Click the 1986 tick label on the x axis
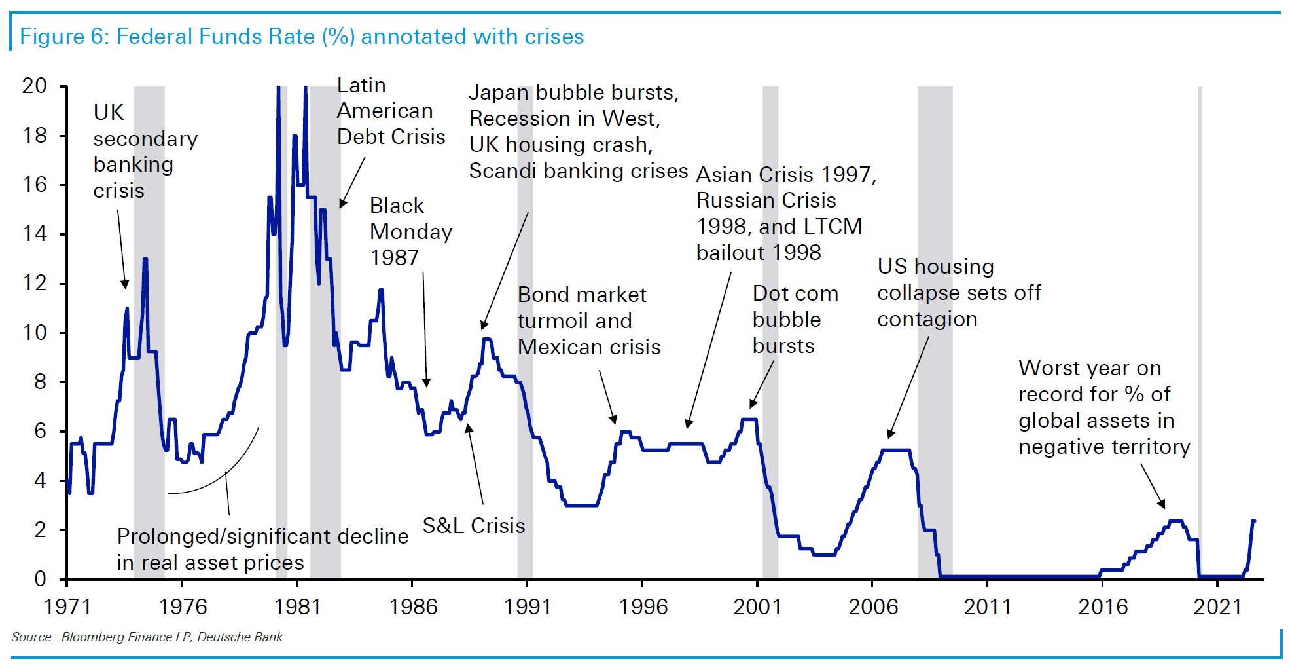click(x=413, y=607)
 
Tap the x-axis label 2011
click(x=988, y=607)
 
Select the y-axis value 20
click(x=35, y=86)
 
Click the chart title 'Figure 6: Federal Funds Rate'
click(x=302, y=37)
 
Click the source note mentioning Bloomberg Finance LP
click(x=147, y=637)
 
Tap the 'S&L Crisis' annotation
click(x=474, y=526)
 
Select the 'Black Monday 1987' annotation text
click(x=410, y=232)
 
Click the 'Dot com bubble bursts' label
click(x=795, y=320)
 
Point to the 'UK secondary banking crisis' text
click(x=145, y=151)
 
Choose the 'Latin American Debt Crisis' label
click(x=391, y=111)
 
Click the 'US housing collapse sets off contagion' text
click(x=958, y=293)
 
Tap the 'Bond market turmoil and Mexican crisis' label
click(x=588, y=321)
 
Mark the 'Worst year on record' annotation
click(x=1103, y=407)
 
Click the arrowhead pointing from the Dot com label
click(x=753, y=405)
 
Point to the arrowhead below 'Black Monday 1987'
click(x=427, y=383)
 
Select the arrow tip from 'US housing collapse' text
click(x=890, y=435)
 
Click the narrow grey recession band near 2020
click(x=1200, y=327)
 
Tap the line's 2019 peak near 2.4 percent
click(x=1176, y=521)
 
